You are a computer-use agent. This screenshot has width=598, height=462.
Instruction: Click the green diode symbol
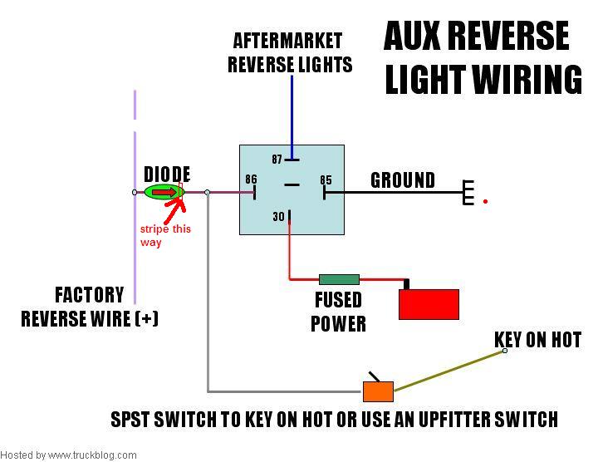(164, 192)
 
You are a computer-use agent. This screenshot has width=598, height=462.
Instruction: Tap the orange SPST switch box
(378, 391)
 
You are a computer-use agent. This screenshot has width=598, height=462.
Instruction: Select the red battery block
(429, 304)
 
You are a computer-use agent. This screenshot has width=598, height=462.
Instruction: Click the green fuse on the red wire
(339, 280)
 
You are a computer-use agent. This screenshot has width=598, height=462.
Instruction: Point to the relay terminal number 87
(277, 159)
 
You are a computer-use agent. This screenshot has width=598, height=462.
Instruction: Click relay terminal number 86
(251, 179)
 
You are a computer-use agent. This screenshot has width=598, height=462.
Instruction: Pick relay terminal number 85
(326, 180)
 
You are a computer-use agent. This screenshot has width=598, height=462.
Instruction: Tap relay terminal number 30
(278, 217)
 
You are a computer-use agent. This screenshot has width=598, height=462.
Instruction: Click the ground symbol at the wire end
(468, 192)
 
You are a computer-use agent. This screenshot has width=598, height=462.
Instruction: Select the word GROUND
(403, 180)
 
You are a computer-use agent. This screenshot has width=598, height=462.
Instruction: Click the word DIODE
(167, 174)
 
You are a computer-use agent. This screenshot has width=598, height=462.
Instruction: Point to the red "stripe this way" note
(165, 235)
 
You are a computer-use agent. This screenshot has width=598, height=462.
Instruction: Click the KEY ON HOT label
(537, 340)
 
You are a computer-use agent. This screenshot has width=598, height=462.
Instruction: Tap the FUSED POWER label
(338, 312)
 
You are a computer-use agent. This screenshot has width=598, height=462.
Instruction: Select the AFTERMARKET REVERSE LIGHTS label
(290, 52)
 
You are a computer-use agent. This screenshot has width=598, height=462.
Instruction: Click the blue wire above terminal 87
(292, 117)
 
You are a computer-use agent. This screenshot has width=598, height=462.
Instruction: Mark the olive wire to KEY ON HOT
(449, 371)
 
